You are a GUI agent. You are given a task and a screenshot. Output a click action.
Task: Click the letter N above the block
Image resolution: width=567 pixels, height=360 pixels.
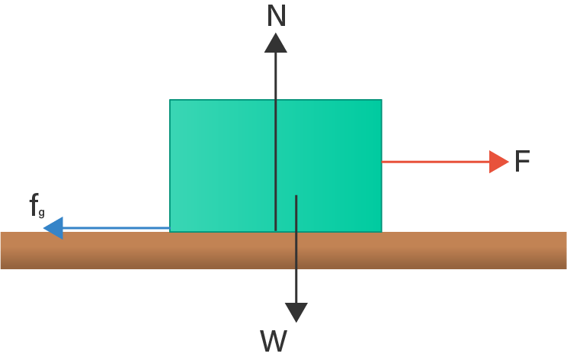click(277, 16)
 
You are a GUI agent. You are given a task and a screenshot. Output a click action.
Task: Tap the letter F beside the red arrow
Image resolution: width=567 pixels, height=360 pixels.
click(522, 162)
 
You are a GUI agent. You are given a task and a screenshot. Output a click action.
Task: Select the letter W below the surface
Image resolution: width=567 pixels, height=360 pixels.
click(274, 342)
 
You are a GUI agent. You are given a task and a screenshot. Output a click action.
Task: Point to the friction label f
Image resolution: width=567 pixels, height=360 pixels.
click(34, 204)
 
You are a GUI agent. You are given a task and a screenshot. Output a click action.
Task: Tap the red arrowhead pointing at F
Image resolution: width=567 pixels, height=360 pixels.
click(498, 162)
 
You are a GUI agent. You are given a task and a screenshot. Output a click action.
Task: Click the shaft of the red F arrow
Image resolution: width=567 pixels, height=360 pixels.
click(434, 162)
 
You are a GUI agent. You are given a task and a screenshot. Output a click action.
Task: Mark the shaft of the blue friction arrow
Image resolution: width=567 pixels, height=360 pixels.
click(114, 228)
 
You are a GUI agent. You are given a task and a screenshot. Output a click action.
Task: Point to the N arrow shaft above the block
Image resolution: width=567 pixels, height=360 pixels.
click(276, 76)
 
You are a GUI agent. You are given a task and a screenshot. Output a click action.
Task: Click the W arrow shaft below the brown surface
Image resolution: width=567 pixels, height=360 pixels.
click(296, 286)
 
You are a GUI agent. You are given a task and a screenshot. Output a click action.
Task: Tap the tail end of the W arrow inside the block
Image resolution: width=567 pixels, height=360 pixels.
click(296, 197)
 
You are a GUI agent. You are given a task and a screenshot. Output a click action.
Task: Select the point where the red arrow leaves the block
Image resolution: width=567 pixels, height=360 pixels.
click(382, 162)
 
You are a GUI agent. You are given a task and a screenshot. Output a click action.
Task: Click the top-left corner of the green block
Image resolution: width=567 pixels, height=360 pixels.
click(170, 100)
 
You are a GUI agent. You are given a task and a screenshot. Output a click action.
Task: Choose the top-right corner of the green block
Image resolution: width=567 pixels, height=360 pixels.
click(381, 100)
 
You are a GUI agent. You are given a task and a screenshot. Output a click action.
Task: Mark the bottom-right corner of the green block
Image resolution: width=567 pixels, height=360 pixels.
click(381, 231)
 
